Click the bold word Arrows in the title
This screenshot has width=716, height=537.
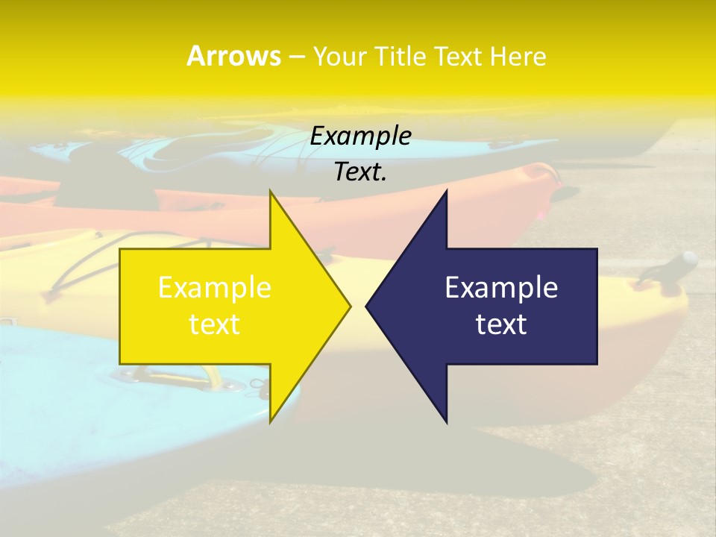pyautogui.click(x=233, y=56)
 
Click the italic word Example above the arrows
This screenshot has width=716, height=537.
pyautogui.click(x=360, y=136)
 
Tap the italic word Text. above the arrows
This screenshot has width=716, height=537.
pyautogui.click(x=360, y=172)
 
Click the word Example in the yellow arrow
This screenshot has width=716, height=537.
pyautogui.click(x=215, y=288)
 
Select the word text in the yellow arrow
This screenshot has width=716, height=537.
pyautogui.click(x=215, y=324)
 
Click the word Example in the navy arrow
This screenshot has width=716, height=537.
pyautogui.click(x=501, y=288)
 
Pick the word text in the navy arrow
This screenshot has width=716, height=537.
pyautogui.click(x=501, y=324)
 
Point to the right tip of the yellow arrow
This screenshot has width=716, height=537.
pyautogui.click(x=350, y=305)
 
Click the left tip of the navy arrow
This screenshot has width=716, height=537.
pyautogui.click(x=366, y=306)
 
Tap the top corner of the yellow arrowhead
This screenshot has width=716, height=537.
pyautogui.click(x=271, y=191)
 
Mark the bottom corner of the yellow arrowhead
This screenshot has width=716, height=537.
pyautogui.click(x=271, y=421)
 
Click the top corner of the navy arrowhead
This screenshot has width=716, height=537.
pyautogui.click(x=446, y=191)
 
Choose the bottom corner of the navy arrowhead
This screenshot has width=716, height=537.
pyautogui.click(x=446, y=422)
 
